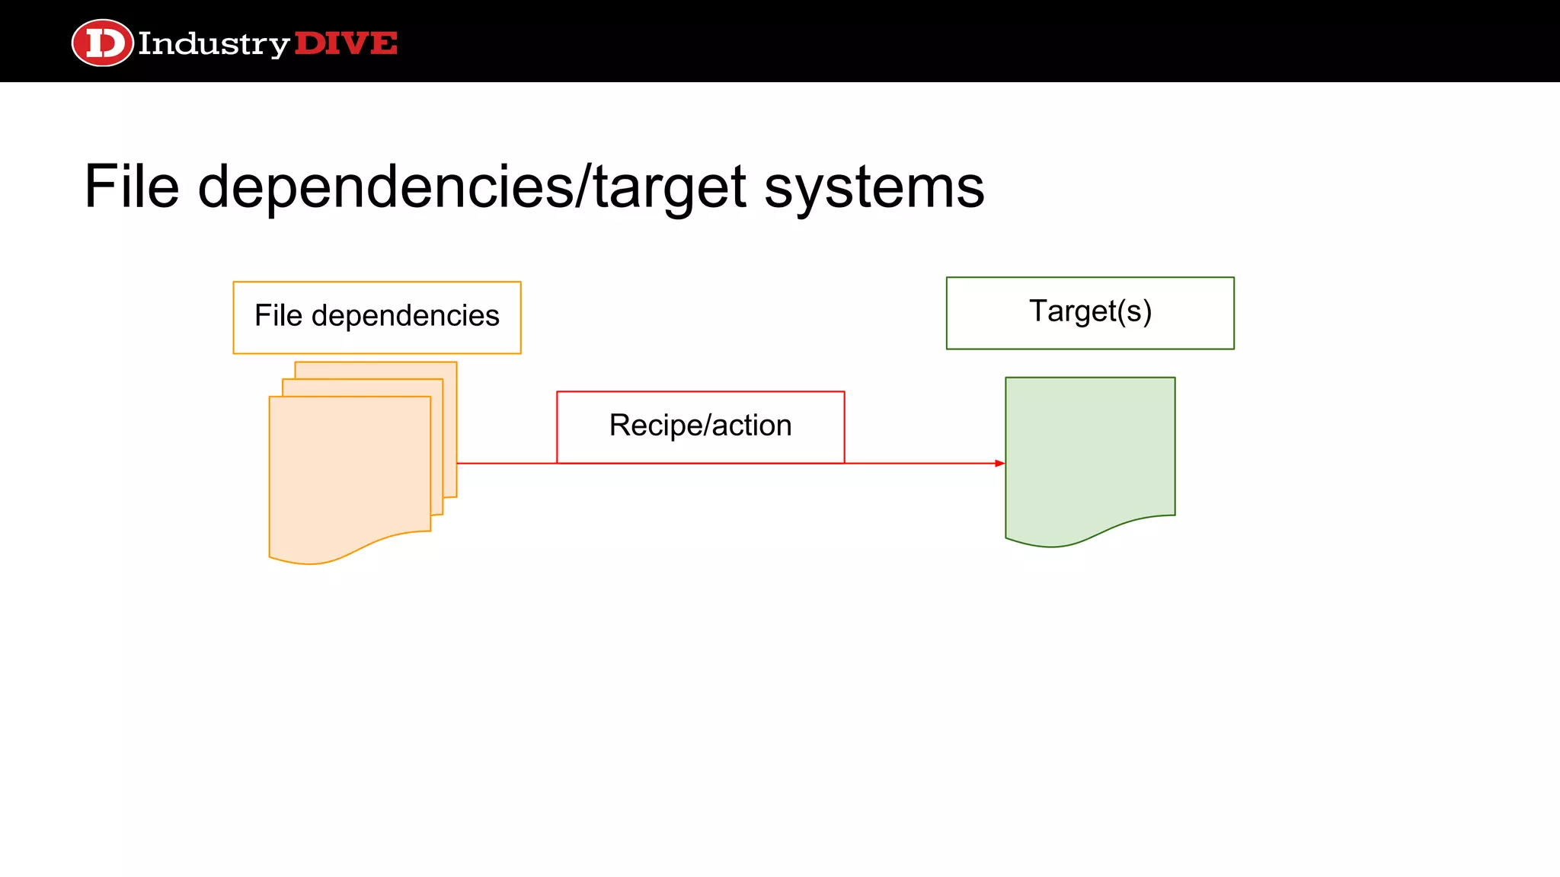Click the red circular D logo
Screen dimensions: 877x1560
point(102,43)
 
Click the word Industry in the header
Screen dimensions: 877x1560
point(213,44)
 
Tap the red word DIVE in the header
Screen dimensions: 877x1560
point(346,43)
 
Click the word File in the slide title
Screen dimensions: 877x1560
point(131,187)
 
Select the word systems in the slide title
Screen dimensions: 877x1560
point(874,187)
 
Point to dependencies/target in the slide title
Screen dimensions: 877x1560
point(472,187)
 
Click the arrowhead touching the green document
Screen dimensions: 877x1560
point(1000,463)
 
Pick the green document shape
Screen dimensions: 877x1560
point(1089,449)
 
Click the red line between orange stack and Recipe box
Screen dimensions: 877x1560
point(507,463)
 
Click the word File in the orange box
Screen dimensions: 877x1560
point(278,316)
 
